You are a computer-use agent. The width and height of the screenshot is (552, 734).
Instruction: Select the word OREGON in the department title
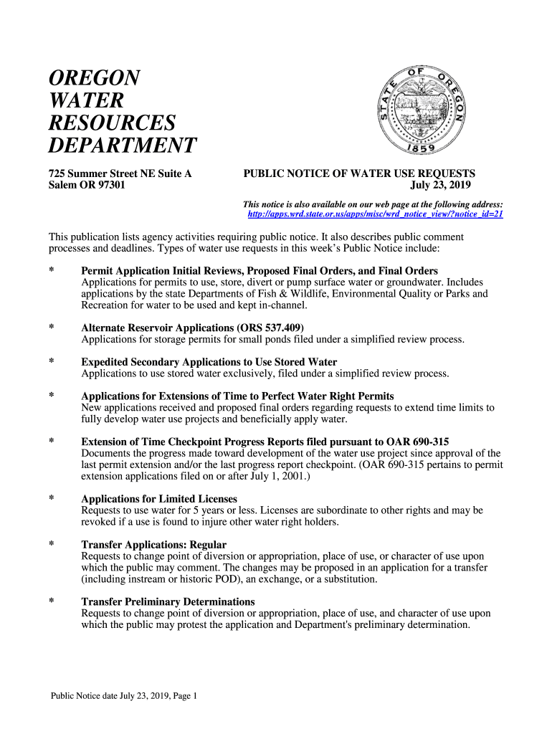click(x=94, y=77)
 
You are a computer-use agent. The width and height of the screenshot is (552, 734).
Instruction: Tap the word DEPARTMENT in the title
click(x=122, y=146)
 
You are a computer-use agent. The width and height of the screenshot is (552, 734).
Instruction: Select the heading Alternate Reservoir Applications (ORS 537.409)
click(x=188, y=328)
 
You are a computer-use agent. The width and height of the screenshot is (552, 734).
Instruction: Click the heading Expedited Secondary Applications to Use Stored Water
click(x=209, y=362)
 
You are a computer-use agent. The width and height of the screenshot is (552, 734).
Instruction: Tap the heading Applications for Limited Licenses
click(x=159, y=499)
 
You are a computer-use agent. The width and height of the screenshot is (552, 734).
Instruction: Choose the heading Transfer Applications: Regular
click(x=153, y=545)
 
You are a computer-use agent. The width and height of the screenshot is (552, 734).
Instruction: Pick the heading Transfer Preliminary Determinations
click(x=168, y=601)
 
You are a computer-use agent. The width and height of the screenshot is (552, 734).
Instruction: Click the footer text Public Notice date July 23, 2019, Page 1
click(x=123, y=695)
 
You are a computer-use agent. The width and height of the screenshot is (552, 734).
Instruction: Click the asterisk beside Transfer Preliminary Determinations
click(x=52, y=602)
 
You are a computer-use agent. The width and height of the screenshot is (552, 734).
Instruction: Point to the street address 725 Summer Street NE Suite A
click(x=120, y=173)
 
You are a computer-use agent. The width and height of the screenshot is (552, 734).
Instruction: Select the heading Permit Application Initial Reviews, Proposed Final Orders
click(x=260, y=271)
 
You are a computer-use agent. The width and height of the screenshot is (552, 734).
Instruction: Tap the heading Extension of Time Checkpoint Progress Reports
click(x=265, y=441)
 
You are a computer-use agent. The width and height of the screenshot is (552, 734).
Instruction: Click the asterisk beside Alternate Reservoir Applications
click(x=52, y=328)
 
